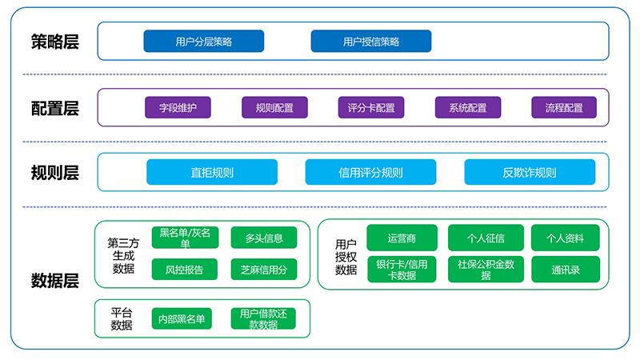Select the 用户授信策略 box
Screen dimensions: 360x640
370,42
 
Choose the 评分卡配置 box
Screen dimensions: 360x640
370,107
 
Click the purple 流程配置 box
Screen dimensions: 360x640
564,107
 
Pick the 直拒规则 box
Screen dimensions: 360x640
212,172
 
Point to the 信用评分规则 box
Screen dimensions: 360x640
370,172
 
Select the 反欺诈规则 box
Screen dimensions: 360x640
530,172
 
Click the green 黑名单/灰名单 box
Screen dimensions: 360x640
185,238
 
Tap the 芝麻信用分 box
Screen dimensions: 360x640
264,269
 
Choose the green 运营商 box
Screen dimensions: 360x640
402,238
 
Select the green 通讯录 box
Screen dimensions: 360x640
565,270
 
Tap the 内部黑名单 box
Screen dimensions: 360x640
185,319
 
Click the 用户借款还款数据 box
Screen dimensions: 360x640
264,319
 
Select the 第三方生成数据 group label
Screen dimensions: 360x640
122,254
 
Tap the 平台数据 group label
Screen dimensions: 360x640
122,319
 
